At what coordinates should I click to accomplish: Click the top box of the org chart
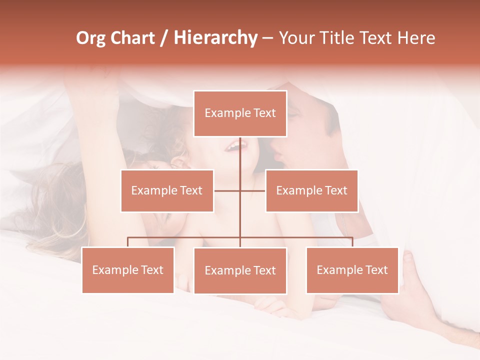pyautogui.click(x=240, y=113)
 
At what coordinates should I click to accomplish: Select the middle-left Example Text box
pyautogui.click(x=167, y=190)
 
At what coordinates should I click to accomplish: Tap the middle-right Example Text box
pyautogui.click(x=311, y=190)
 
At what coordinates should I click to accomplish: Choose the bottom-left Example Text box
pyautogui.click(x=128, y=270)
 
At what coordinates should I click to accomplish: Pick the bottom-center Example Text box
pyautogui.click(x=240, y=270)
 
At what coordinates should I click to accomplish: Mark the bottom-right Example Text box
pyautogui.click(x=352, y=270)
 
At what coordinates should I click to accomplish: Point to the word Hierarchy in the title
pyautogui.click(x=215, y=38)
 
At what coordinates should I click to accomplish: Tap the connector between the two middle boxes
pyautogui.click(x=240, y=190)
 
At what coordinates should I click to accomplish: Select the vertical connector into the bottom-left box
pyautogui.click(x=128, y=242)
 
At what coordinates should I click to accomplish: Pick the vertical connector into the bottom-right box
pyautogui.click(x=352, y=242)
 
